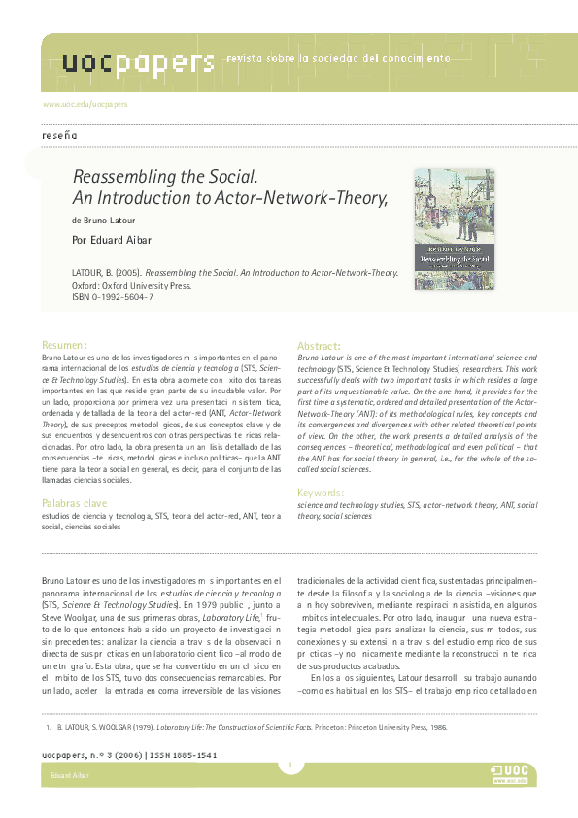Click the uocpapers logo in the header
[138, 63]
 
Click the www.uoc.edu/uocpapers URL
[85, 103]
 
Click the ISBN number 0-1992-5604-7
[122, 296]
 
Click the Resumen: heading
[65, 345]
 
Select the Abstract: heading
[319, 345]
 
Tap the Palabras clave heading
[75, 503]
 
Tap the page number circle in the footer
[289, 767]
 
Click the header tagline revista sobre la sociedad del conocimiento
[338, 59]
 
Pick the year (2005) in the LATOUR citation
[128, 275]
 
